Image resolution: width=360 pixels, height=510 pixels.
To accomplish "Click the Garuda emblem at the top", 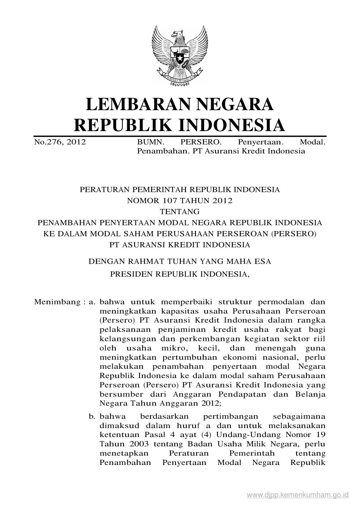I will (180, 56).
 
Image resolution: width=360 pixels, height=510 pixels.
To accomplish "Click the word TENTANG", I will (180, 212).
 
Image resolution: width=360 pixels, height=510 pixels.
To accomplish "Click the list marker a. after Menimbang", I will (92, 302).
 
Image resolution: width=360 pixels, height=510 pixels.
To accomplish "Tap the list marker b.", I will (92, 416).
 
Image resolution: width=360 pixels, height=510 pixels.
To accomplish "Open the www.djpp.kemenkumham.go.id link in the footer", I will (298, 495).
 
